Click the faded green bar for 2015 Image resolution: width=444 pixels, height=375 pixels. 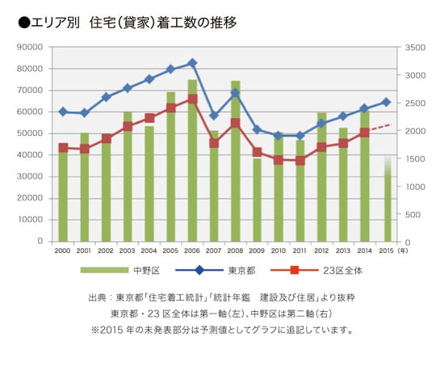click(x=387, y=202)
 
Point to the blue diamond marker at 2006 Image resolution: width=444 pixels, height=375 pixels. click(x=192, y=63)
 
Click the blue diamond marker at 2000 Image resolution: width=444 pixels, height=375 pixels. click(x=63, y=112)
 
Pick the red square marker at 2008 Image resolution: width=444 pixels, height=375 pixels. click(x=235, y=124)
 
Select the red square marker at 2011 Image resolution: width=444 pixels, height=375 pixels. click(x=300, y=161)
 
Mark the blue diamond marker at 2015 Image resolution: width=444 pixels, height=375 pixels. click(x=386, y=102)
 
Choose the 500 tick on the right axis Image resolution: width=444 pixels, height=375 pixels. click(x=412, y=214)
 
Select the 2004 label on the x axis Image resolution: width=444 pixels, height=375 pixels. click(x=149, y=251)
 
